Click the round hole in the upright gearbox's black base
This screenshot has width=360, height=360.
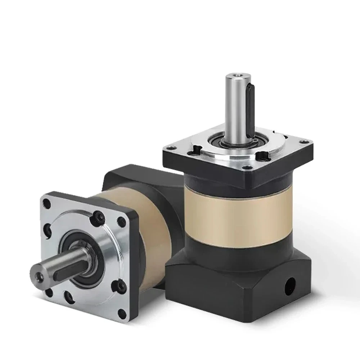pyautogui.click(x=289, y=287)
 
